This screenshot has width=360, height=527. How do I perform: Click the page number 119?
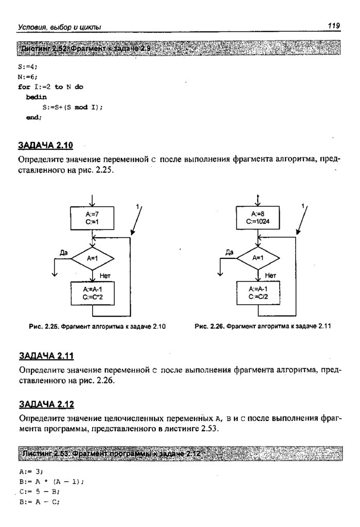click(334, 25)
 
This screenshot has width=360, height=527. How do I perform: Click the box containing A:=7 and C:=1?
click(93, 219)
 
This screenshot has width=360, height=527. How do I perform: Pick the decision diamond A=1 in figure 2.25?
click(93, 258)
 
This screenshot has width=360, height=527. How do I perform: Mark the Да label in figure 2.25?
click(64, 252)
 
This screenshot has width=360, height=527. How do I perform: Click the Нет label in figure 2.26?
click(271, 276)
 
